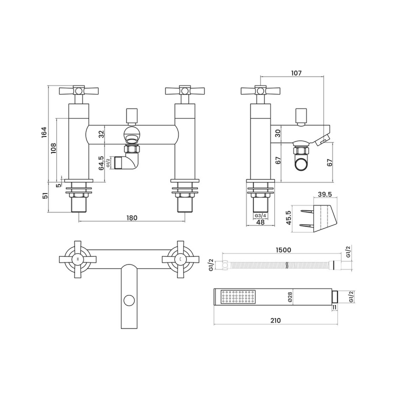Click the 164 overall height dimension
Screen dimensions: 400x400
[x=44, y=132]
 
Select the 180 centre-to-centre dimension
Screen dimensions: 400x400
[x=131, y=217]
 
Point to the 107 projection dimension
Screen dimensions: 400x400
[x=296, y=73]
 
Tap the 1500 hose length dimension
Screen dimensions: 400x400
[x=282, y=250]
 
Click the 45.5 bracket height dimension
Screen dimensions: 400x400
[x=289, y=218]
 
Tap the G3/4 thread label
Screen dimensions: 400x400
[x=260, y=215]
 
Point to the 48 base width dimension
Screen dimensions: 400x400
[x=260, y=223]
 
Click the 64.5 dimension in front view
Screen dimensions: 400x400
[x=101, y=163]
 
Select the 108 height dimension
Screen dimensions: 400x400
[x=53, y=148]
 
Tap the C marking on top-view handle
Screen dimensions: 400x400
[x=179, y=259]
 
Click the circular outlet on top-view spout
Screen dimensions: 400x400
[x=129, y=300]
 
